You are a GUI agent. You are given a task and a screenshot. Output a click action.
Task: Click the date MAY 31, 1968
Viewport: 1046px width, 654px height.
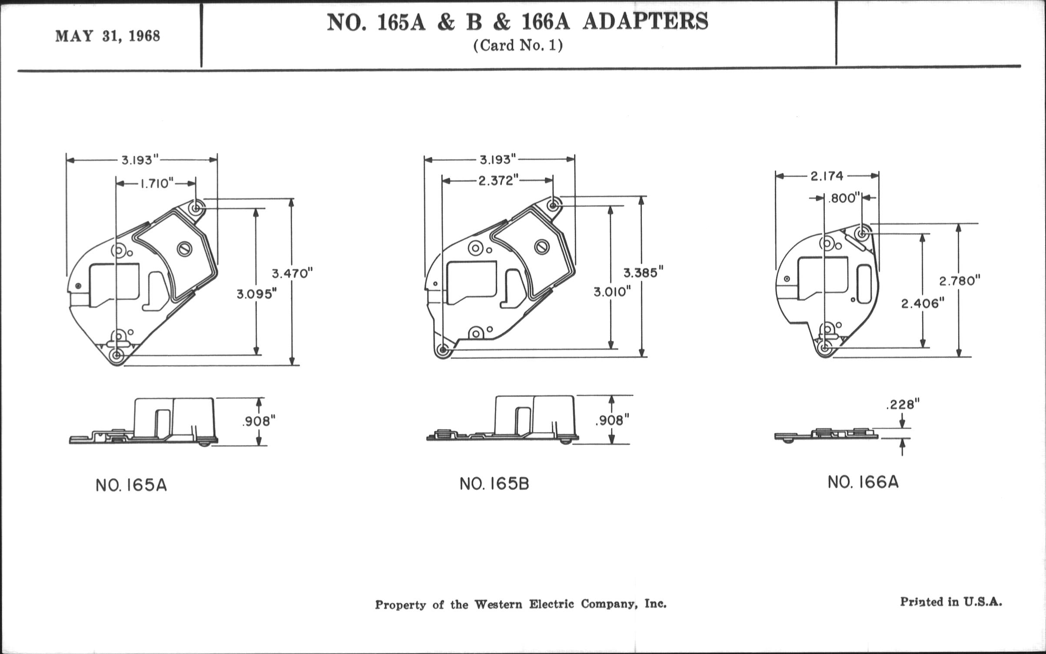coord(108,36)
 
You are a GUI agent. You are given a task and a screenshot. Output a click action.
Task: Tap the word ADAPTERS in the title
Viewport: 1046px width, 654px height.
coord(645,22)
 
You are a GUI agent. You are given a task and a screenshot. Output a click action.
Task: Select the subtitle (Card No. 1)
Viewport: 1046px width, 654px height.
coord(518,46)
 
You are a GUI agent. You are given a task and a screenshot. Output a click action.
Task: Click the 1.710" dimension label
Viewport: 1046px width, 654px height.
coord(156,183)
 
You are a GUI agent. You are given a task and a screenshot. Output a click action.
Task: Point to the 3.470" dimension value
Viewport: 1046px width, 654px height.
coord(292,274)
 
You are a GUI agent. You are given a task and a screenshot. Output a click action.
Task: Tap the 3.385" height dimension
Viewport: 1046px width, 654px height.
coord(643,273)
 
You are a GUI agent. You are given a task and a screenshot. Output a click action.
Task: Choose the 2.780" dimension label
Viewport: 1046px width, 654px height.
coord(960,281)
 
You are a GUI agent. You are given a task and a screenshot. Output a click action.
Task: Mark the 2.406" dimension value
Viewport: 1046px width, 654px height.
coord(923,303)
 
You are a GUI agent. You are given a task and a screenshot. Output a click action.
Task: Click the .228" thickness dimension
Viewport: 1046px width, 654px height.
coord(903,405)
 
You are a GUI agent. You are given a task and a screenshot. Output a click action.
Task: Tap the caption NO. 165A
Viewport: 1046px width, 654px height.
coord(131,485)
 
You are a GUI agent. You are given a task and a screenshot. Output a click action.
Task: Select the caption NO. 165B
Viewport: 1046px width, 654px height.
coord(495,484)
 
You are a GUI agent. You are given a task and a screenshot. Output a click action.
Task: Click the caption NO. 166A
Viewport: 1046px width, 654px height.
coord(863,482)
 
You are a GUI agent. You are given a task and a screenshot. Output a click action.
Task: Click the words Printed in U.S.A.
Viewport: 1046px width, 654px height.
coord(951,602)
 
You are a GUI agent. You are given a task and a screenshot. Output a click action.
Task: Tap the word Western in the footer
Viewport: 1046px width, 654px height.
coord(498,604)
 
